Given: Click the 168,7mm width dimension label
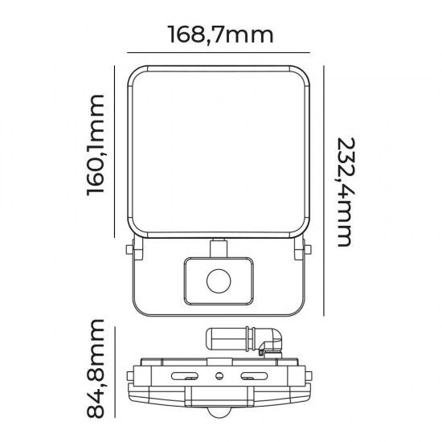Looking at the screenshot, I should click(220, 35).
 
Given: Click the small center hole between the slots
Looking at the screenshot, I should click(219, 374).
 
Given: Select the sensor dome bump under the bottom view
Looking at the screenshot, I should click(219, 413).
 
